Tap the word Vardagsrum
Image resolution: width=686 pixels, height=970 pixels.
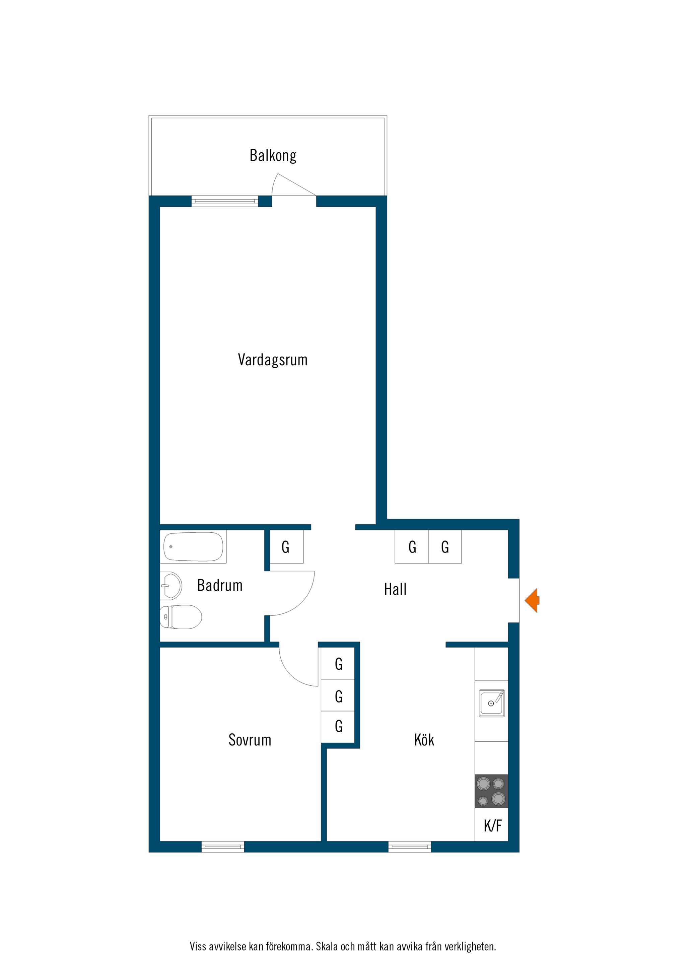273,360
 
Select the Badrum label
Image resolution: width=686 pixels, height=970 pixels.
220,586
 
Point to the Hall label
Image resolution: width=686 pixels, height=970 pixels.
395,589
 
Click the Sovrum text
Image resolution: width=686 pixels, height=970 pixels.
250,740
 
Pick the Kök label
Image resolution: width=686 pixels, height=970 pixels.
424,740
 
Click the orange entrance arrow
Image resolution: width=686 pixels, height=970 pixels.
532,600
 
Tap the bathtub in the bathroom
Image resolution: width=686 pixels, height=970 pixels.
193,547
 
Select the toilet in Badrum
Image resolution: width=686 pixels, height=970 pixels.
181,617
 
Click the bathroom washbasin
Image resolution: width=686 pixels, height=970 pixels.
171,586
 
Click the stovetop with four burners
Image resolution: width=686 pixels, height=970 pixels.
491,791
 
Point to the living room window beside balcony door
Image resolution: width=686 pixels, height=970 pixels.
225,201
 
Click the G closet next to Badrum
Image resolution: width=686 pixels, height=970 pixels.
286,547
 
